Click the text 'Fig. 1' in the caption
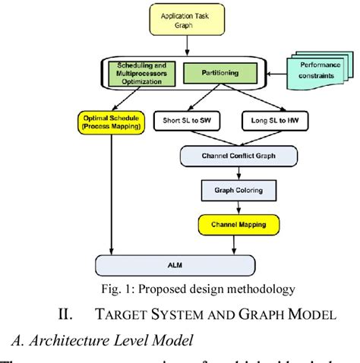tap(123, 289)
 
